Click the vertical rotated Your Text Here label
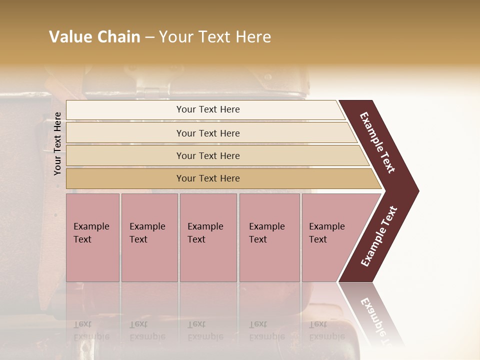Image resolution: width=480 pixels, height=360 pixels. coord(57,143)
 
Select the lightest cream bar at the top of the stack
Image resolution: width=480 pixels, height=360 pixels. coord(207,109)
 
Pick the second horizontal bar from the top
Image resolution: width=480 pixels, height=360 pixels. coord(207,133)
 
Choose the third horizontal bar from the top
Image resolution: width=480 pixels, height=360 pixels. coord(207,155)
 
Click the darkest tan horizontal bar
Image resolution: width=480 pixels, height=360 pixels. coord(207,178)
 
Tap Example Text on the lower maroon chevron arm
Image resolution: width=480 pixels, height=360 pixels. coord(379,236)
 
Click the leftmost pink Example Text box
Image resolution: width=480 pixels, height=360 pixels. coord(92,237)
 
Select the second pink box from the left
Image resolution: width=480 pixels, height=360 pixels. coord(149,237)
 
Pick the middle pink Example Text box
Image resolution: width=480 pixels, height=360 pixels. coord(208,237)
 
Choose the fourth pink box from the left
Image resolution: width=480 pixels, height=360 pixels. coord(269,237)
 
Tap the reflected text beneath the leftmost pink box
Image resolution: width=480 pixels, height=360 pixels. coord(90,330)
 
